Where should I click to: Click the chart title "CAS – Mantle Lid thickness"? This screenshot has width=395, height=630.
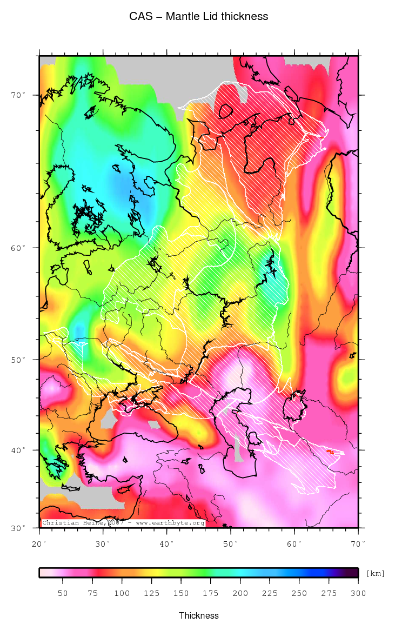(198, 16)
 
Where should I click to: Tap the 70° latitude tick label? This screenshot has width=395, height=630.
(19, 95)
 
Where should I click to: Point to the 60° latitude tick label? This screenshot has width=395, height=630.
(19, 248)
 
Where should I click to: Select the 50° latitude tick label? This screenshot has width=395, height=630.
(19, 360)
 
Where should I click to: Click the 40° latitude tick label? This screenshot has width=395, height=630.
(19, 450)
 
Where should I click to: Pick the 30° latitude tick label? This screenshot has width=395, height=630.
(19, 528)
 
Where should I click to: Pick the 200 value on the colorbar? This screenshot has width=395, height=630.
(240, 593)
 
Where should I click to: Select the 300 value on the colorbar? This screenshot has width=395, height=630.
(358, 593)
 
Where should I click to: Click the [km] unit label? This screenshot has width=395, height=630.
(376, 573)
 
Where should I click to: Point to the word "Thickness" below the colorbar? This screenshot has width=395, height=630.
(199, 615)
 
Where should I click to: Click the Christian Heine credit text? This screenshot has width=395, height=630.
(123, 523)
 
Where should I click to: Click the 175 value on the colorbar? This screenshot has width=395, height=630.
(210, 593)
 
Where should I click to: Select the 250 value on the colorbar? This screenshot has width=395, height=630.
(299, 593)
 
